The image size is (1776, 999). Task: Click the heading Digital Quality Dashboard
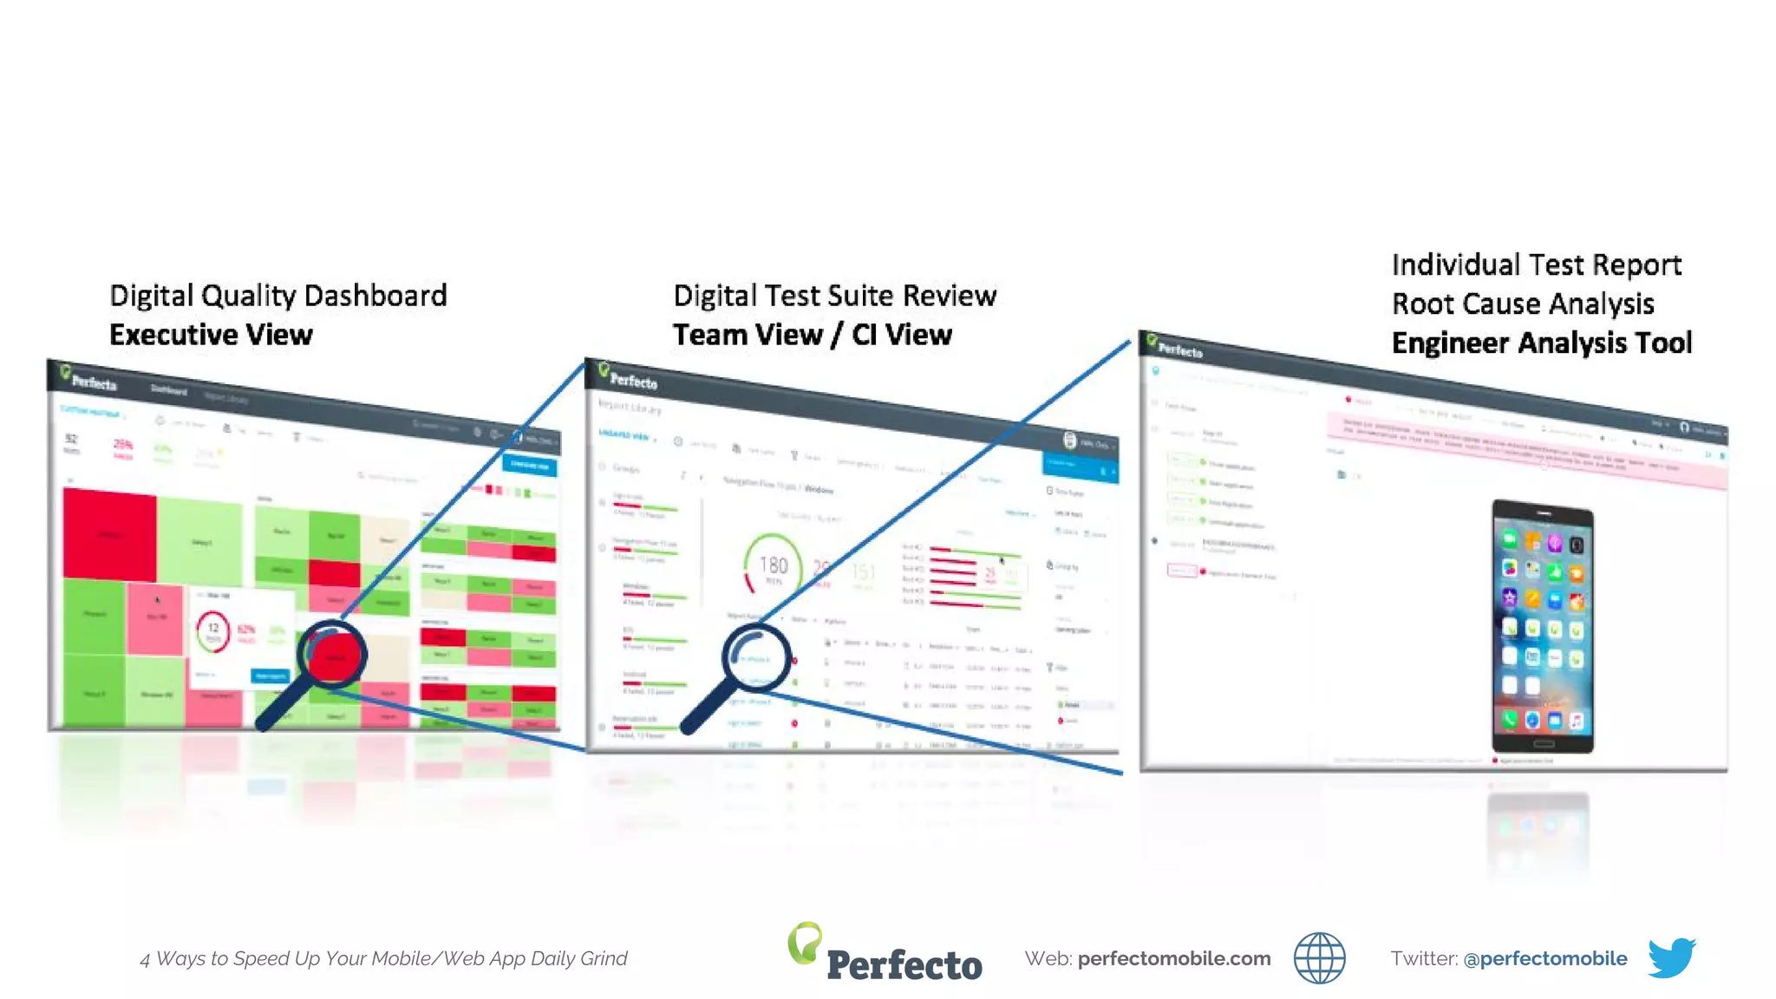pos(277,296)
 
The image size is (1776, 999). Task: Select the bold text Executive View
pos(211,335)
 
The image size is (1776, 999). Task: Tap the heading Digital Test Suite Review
pos(834,296)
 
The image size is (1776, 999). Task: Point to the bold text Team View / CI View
pos(812,335)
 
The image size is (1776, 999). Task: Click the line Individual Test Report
pos(1536,264)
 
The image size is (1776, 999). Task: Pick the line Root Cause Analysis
pos(1523,304)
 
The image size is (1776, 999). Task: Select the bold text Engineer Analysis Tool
pos(1541,343)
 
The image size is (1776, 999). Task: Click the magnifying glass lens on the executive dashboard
pos(332,655)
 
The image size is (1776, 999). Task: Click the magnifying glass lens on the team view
pos(757,656)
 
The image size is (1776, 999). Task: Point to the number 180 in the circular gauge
pos(774,566)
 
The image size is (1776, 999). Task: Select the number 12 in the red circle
pos(213,629)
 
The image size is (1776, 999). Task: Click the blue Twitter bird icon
pos(1671,957)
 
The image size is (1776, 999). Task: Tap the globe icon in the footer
pos(1319,958)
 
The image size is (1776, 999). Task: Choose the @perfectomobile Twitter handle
pos(1544,958)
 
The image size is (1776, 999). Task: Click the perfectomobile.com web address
pos(1173,958)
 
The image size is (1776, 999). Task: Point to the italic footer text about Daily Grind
pos(383,958)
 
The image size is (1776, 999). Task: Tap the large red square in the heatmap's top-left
pos(109,534)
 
